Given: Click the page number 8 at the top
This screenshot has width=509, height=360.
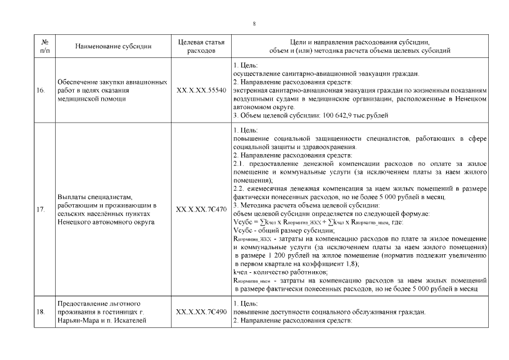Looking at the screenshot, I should (x=254, y=24).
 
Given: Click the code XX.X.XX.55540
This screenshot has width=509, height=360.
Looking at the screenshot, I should (x=201, y=90).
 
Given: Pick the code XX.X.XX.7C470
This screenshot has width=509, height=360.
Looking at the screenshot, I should (x=201, y=210).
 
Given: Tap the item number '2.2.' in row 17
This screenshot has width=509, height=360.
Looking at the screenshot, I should (x=239, y=188).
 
